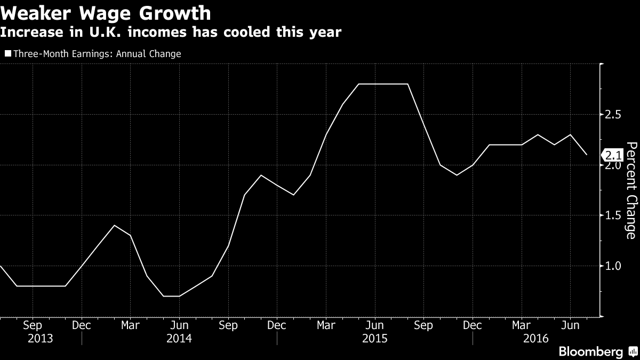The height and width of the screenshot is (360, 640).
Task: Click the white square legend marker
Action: coord(7,53)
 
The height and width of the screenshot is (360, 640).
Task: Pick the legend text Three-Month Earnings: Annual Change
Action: coord(97,53)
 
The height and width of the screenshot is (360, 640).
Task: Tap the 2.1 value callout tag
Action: coord(613,155)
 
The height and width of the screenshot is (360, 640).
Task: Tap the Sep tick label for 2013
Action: coord(33,324)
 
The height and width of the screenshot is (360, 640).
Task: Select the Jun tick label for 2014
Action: coord(179,324)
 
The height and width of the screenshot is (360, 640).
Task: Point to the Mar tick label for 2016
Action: coord(521,324)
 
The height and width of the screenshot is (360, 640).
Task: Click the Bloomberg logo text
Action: coord(590,351)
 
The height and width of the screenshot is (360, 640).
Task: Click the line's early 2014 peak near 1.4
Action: coord(114,225)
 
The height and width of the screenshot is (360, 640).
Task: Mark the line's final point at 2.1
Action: coord(587,155)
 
